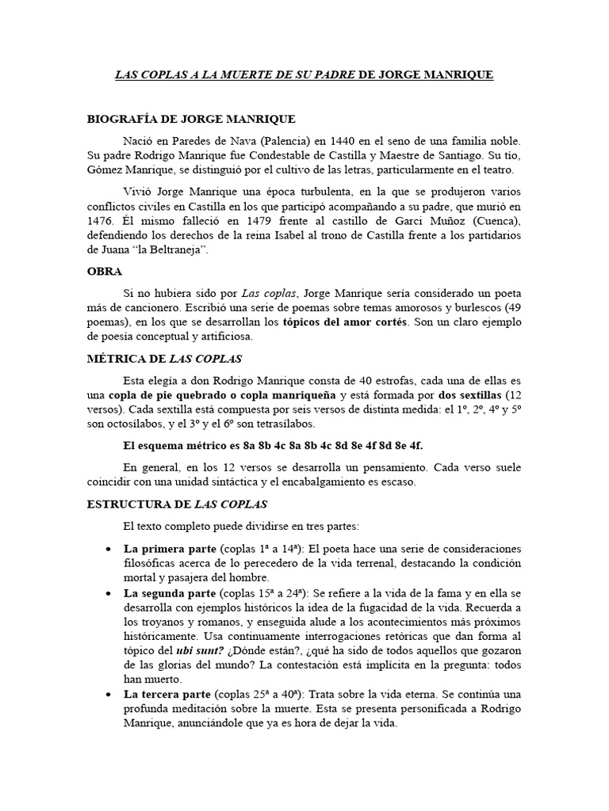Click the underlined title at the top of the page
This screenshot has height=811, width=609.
tap(304, 75)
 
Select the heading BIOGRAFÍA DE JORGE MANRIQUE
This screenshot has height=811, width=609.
tap(190, 120)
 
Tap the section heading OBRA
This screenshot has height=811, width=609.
tap(104, 271)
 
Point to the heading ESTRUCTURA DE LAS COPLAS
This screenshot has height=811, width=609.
tap(177, 504)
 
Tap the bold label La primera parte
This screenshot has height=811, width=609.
tap(166, 548)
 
